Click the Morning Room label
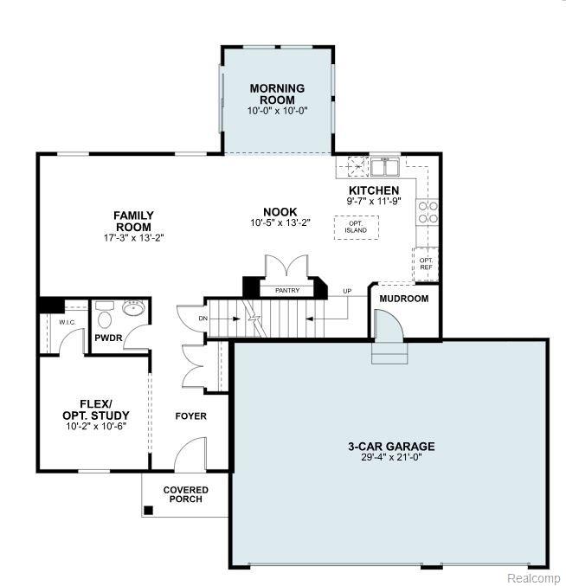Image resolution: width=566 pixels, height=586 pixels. [x=277, y=93]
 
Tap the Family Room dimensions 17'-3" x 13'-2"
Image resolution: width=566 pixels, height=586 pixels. [x=134, y=238]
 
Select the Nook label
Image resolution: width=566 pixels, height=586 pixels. [x=280, y=212]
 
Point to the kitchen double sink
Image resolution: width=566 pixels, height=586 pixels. [x=385, y=167]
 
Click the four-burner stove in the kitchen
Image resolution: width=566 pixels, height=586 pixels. [x=428, y=212]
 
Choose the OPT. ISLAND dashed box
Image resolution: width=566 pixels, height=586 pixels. [x=356, y=228]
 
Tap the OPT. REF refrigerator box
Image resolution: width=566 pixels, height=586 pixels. [x=426, y=264]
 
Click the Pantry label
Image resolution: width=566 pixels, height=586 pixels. [x=287, y=290]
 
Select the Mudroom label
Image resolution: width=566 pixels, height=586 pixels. [x=404, y=299]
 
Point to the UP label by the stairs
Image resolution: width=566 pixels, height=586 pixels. [x=347, y=291]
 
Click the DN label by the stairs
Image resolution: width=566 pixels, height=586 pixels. [x=203, y=319]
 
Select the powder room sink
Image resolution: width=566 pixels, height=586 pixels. [x=133, y=308]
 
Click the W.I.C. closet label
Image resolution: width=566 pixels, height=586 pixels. [x=68, y=322]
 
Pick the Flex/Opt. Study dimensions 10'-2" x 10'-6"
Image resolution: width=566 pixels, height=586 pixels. [x=96, y=427]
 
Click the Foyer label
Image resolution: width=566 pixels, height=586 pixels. [x=191, y=416]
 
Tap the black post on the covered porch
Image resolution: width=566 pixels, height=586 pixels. [x=148, y=511]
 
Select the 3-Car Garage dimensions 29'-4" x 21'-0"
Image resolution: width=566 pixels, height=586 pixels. [x=391, y=457]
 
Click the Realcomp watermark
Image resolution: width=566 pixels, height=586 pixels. [x=534, y=578]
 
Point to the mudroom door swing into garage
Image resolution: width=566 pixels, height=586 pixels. [x=389, y=325]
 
